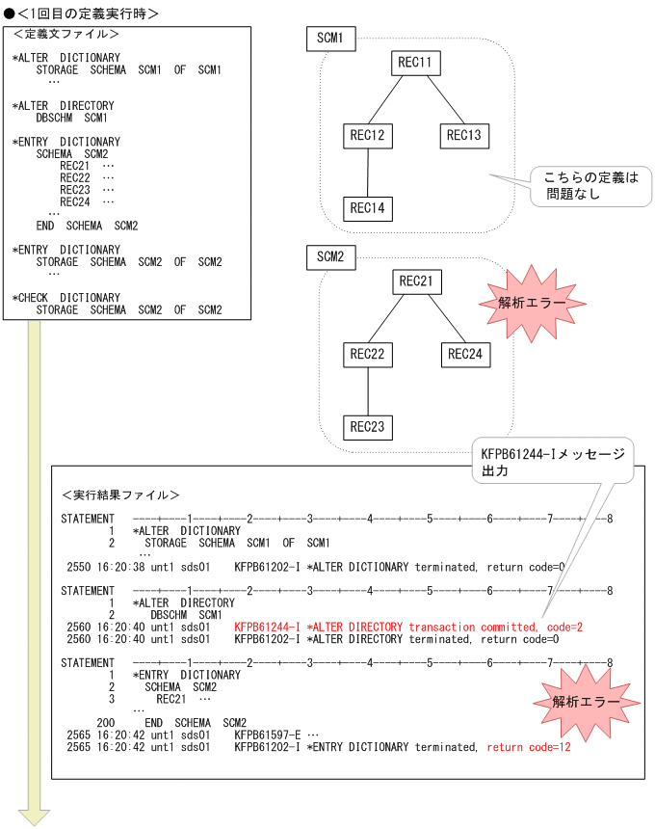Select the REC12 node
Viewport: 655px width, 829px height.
[368, 136]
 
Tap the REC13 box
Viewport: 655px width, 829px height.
[464, 136]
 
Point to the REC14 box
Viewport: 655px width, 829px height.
[368, 208]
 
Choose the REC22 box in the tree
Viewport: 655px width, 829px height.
[368, 355]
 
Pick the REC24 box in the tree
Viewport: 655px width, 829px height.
[464, 355]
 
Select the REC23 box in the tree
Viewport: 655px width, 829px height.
[368, 427]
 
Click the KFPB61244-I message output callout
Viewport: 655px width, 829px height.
[552, 462]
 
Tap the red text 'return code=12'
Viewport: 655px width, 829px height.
[527, 747]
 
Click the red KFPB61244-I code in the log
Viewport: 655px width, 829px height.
[267, 626]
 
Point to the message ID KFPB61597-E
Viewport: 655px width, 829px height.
[267, 735]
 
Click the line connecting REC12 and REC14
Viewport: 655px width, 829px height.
[368, 173]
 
